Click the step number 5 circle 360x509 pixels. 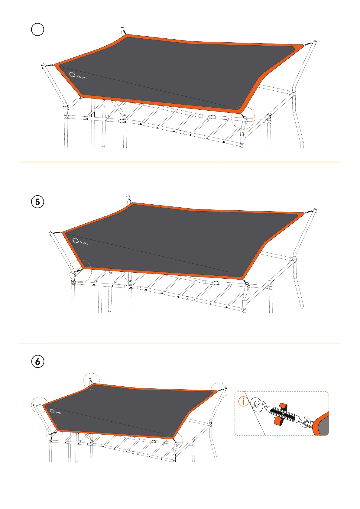pos(37,202)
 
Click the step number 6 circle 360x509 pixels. pos(37,361)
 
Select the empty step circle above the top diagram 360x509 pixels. pos(37,30)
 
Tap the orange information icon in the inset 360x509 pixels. pos(243,402)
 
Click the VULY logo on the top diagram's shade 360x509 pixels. pos(77,75)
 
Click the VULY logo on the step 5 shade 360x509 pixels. pos(80,242)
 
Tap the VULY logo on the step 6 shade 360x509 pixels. pos(56,412)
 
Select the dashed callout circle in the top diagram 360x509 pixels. pos(243,118)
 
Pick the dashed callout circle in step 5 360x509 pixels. pos(80,271)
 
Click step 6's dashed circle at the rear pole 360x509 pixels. pos(92,381)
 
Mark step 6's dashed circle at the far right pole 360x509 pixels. pos(219,391)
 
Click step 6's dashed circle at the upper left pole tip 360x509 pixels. pos(39,405)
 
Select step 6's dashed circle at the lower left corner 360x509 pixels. pos(54,433)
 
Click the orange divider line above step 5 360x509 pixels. pos(180,162)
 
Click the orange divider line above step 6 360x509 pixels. pos(180,343)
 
